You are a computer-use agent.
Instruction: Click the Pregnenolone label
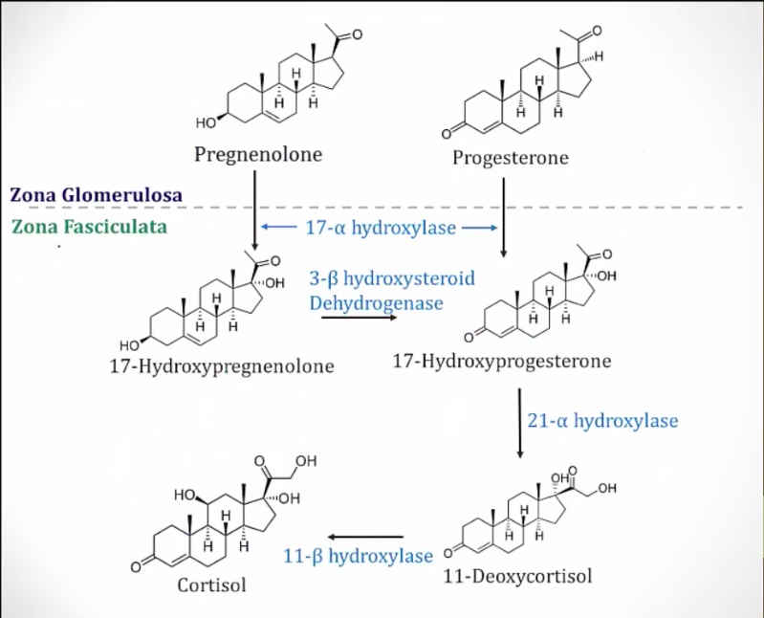coord(258,153)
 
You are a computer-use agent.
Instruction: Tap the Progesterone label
coord(510,158)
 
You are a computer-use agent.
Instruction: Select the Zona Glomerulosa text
coord(97,194)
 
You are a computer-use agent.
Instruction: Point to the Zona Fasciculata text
coord(90,227)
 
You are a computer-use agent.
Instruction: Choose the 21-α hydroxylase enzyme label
coord(602,420)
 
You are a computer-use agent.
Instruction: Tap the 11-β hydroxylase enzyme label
coord(359,556)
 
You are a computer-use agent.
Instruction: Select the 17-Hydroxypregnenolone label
coord(221,366)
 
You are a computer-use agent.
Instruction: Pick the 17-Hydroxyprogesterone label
coord(502,362)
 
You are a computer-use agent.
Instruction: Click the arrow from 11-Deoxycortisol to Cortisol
coord(365,538)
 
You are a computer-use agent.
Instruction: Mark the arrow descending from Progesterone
coord(504,215)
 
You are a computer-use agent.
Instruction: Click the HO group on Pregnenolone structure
coord(205,122)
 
